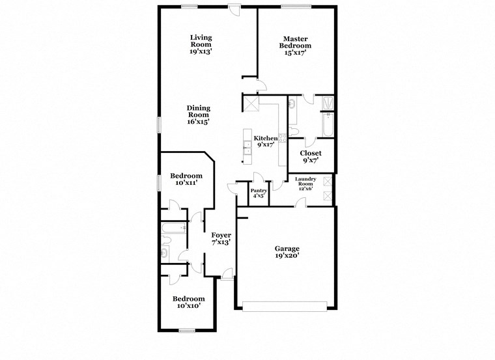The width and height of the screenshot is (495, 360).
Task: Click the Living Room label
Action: [x=201, y=44]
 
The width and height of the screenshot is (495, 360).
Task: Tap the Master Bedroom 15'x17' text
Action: [x=295, y=46]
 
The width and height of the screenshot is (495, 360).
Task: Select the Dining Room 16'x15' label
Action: [x=198, y=115]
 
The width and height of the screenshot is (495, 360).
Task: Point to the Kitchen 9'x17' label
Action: [x=266, y=141]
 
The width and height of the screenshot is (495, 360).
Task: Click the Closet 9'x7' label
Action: [x=310, y=157]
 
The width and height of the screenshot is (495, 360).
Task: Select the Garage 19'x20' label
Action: [x=286, y=252]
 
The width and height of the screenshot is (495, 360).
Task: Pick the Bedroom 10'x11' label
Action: [x=186, y=180]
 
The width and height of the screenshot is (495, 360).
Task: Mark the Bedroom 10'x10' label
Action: [x=188, y=302]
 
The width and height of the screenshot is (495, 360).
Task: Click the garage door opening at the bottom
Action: [x=285, y=304]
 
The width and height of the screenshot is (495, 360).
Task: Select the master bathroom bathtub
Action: [x=327, y=126]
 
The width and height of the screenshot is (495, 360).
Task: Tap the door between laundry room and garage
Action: [x=300, y=204]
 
